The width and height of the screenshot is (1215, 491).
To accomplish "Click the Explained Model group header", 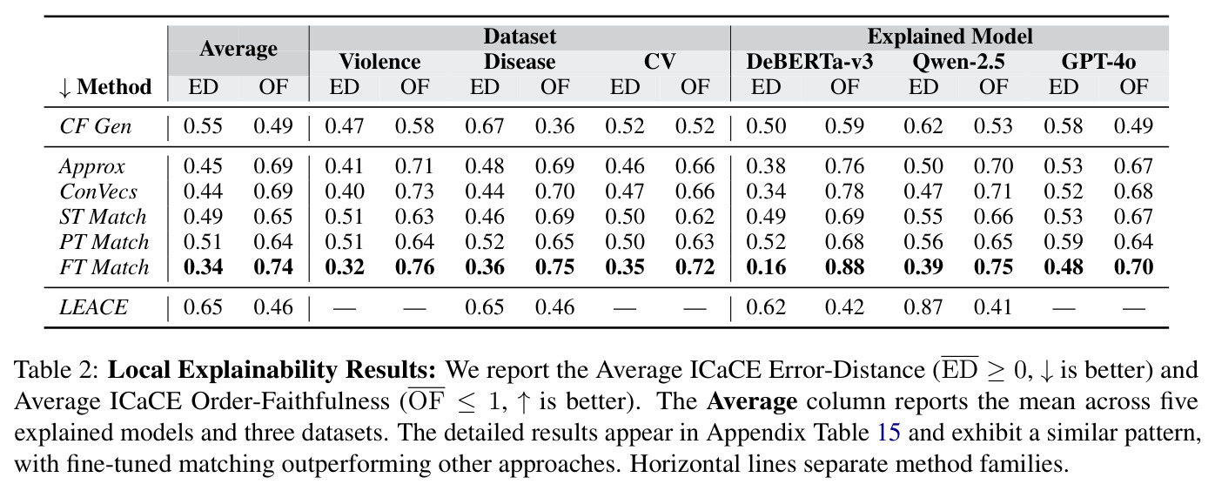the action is coord(950,37).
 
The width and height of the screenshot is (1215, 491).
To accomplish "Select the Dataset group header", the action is coord(520,37).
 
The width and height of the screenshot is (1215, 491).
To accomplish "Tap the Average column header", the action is coord(238,49).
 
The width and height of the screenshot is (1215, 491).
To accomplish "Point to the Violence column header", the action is coord(379,61).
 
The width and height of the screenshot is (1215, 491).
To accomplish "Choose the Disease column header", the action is coord(520,61).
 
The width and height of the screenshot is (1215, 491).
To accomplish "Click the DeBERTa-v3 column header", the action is coord(809,61).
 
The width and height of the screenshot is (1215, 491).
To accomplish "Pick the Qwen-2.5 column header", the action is coord(958,62).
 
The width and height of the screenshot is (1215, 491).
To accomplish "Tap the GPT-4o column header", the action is coord(1098,61).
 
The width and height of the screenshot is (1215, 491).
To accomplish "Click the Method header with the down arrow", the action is coord(104,87).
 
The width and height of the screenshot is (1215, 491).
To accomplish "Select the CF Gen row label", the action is coord(96,126).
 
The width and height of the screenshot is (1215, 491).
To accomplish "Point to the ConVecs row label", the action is coord(98,191).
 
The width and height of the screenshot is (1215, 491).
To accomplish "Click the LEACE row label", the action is coord(93,307).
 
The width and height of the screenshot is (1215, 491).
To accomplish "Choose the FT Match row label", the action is coord(104,267).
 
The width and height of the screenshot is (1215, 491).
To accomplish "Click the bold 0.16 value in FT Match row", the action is coord(765,267).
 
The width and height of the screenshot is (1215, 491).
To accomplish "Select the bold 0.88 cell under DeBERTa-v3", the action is coord(844,267).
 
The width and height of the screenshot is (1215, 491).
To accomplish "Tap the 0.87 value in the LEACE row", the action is coord(923,307).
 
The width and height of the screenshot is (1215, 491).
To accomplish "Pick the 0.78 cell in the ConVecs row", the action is coord(844,191).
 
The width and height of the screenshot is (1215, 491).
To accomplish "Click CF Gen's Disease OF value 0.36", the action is coord(554,126).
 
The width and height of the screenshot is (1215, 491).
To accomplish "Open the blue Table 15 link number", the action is coord(889,433).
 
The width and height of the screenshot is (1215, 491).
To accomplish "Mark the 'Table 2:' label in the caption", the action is coord(57,370).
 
